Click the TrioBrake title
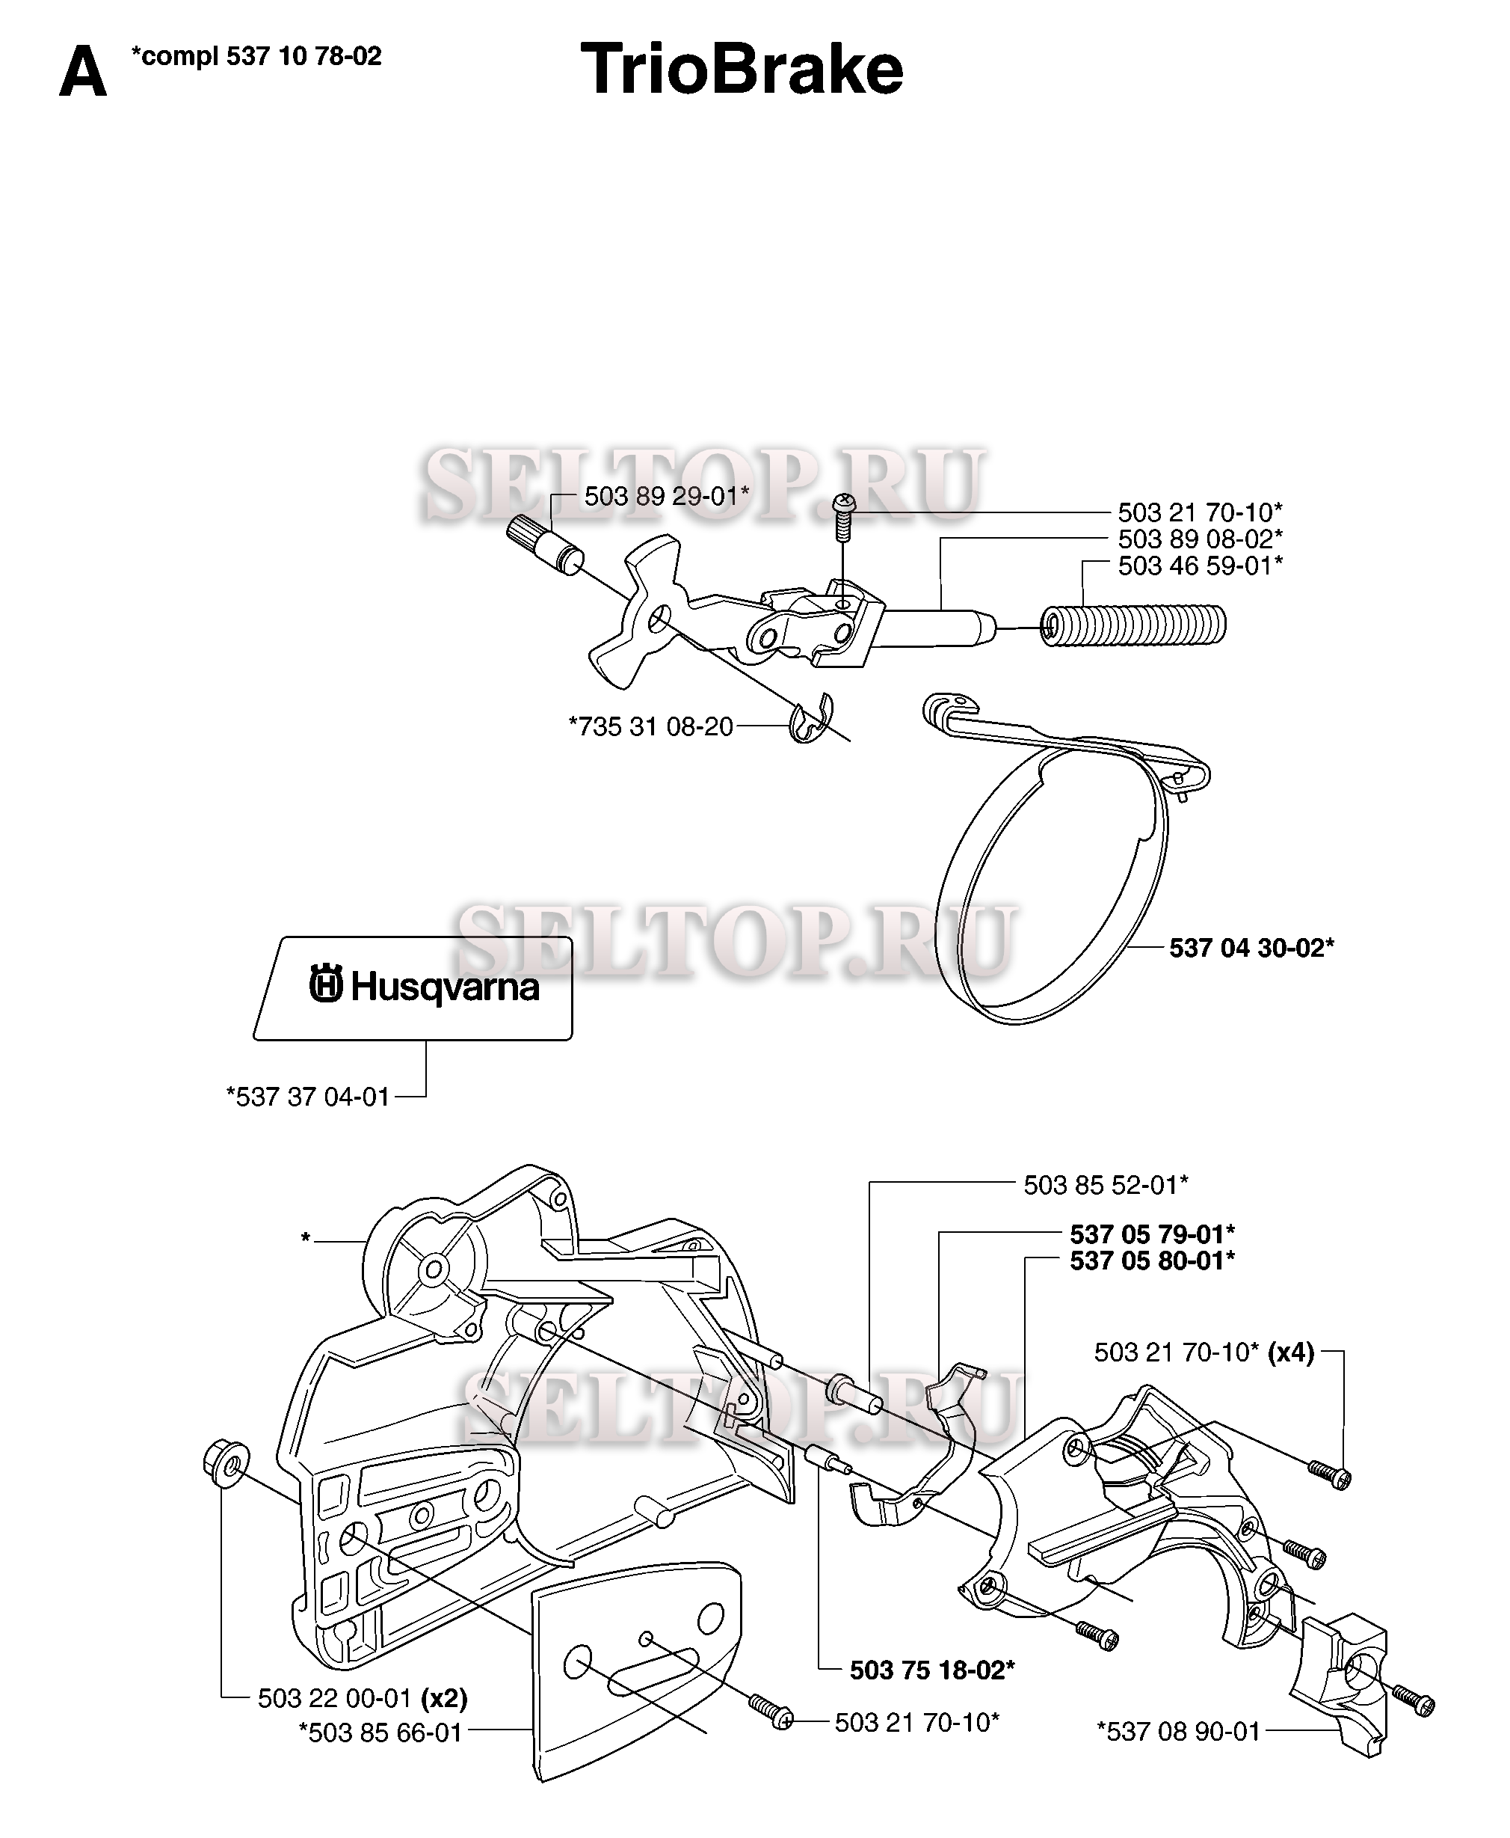coord(742,70)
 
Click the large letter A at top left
coord(83,73)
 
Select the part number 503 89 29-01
coord(665,496)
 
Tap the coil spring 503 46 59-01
coord(1133,625)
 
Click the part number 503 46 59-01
coord(1200,566)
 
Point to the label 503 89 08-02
coord(1200,539)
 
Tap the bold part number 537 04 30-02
coord(1251,947)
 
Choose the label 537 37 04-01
coord(308,1097)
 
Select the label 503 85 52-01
coord(1105,1184)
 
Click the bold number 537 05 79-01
coord(1152,1234)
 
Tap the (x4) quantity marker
coord(1291,1353)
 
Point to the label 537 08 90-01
coord(1179,1731)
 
